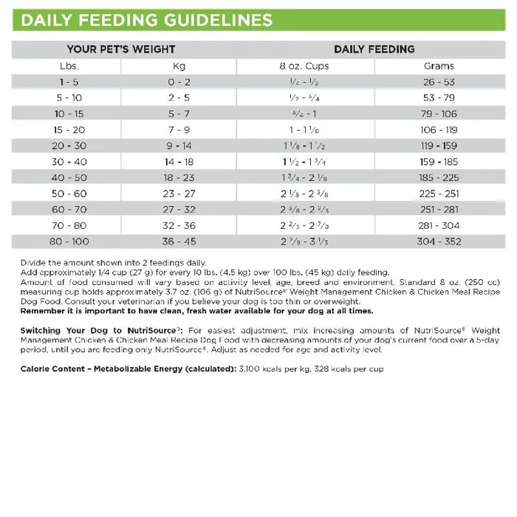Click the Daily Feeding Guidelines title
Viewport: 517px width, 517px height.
coord(146,19)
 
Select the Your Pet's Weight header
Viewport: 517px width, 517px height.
coord(121,49)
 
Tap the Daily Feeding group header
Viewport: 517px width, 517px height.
coord(374,49)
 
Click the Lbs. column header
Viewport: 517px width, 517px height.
coord(69,66)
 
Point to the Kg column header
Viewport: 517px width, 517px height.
coord(179,66)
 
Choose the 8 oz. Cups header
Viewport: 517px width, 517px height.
coord(304,66)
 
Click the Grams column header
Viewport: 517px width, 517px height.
coord(439,66)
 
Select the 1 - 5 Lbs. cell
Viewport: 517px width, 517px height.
coord(69,82)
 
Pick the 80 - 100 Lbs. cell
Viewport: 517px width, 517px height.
coord(69,241)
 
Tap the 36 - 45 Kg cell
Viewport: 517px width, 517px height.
coord(179,241)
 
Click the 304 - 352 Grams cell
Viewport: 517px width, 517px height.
coord(439,241)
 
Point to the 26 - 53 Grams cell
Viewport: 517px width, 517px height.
coord(439,82)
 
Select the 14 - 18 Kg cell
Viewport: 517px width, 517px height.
coord(179,162)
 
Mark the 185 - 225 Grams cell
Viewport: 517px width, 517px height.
coord(439,177)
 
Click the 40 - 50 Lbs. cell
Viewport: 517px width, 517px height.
coord(69,177)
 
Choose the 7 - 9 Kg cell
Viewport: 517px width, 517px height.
coord(179,130)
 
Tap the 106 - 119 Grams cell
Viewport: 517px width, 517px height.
coord(439,130)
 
